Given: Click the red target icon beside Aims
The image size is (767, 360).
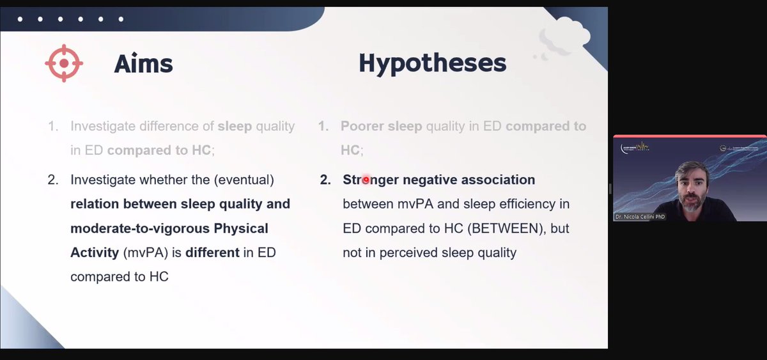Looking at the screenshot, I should coord(64,63).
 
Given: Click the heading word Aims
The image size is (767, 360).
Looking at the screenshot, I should coord(143,63).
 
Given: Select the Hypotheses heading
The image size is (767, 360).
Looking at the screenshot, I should coord(432,63).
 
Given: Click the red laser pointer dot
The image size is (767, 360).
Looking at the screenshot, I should coord(366,180).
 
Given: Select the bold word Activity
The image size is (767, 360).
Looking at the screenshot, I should coord(95,253).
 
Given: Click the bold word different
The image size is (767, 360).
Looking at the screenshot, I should coord(212,253).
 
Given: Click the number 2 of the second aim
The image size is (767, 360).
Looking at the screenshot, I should coord(52,180).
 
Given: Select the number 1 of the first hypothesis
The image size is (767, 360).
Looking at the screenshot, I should coord(324,127).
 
